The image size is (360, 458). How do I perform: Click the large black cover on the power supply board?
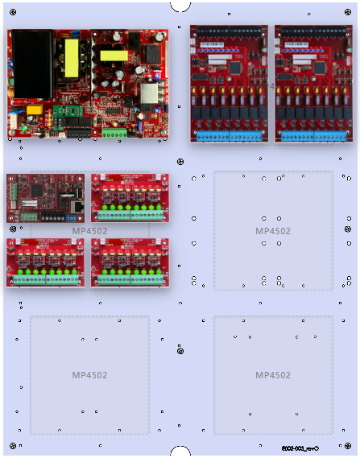(32, 62)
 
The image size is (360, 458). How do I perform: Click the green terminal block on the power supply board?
(114, 133)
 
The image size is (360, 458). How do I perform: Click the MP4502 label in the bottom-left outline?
(89, 375)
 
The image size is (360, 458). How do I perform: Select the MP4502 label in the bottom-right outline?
(273, 375)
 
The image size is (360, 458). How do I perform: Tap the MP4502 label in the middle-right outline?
(273, 231)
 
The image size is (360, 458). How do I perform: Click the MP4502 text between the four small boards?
(89, 231)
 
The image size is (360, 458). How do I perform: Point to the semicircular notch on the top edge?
(180, 5)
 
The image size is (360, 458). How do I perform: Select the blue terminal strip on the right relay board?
(314, 136)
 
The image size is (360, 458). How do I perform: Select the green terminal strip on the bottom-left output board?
(47, 281)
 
